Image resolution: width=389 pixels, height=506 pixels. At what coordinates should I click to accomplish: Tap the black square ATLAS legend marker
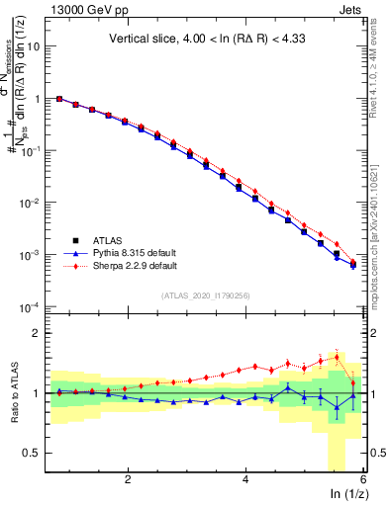tap(77, 240)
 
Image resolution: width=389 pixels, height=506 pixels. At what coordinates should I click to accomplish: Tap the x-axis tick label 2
tap(128, 478)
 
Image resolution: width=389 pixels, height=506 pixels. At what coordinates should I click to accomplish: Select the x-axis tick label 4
tap(245, 478)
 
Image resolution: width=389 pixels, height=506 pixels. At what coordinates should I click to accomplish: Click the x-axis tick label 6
tap(363, 478)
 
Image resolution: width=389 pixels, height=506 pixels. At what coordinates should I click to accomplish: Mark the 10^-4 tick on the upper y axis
tap(33, 306)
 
